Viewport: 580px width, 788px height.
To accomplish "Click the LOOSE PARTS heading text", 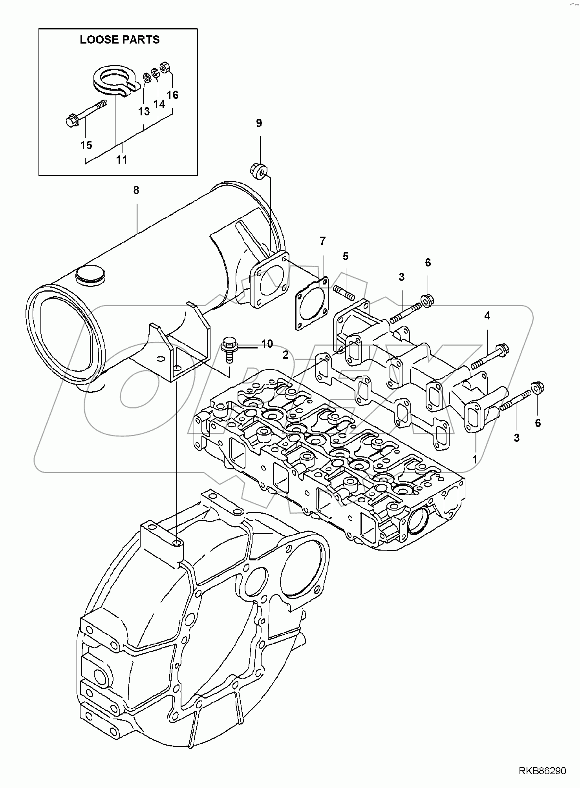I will (x=119, y=40).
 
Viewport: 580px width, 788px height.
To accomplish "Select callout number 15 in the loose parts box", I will (x=86, y=145).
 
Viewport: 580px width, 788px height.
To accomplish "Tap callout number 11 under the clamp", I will (x=122, y=160).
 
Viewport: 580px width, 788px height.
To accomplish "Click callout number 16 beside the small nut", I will (x=172, y=95).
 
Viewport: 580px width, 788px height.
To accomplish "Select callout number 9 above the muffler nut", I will (x=259, y=123).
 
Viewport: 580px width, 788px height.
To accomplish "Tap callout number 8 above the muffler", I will (x=136, y=190).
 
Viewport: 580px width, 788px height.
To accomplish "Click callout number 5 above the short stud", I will (x=345, y=256).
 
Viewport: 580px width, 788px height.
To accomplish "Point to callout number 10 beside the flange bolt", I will (x=267, y=344).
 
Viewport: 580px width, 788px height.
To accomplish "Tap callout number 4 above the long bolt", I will (x=487, y=316).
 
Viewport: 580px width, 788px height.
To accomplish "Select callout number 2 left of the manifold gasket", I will (x=285, y=355).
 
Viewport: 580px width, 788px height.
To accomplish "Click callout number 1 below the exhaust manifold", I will (x=474, y=459).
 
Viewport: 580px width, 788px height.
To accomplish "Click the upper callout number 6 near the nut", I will (x=428, y=263).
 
